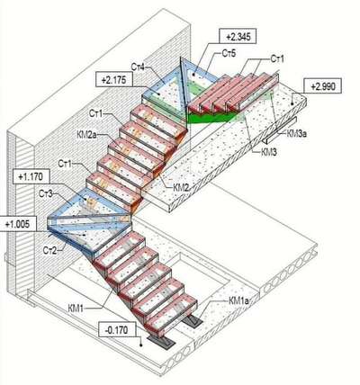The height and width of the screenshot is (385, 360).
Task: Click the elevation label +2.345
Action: coord(238,36)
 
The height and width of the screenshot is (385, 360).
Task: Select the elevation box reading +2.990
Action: coord(322,87)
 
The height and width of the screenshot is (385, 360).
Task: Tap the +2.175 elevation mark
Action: coord(113,80)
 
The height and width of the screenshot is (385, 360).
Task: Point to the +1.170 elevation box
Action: coord(31,176)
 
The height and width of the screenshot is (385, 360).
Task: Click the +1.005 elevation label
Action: coord(18,223)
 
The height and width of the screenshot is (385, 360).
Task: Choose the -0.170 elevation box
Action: coord(117,330)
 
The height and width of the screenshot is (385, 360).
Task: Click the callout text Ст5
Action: coord(229,54)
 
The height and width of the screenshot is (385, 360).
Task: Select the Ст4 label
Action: coord(138,67)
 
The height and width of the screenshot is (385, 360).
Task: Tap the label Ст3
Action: coord(46,193)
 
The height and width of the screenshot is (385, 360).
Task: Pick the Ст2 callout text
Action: coord(50,250)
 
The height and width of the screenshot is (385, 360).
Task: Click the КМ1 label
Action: coord(76,309)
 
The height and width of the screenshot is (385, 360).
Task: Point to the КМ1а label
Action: coord(238,300)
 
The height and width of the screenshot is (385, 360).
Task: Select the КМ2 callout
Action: coord(182,187)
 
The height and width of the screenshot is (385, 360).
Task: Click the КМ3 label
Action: coord(269,152)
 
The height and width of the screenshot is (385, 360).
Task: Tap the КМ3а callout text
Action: coord(297,133)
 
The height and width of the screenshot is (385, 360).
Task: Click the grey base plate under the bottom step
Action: coord(161,342)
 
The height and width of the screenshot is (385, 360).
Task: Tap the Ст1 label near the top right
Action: coord(276,58)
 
